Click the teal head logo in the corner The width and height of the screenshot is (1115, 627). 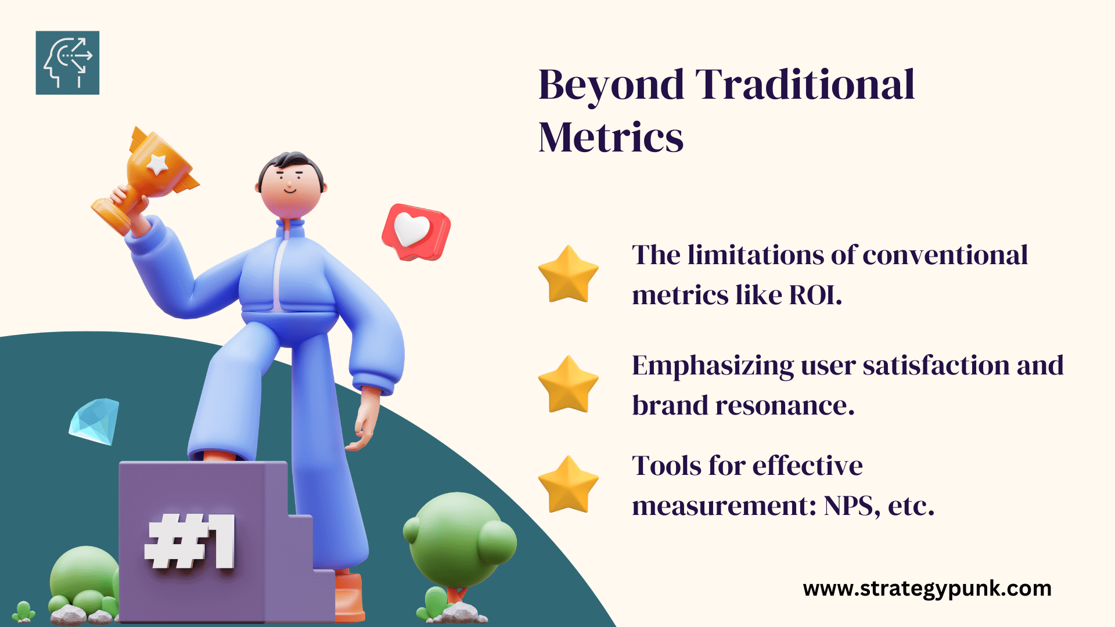tap(67, 63)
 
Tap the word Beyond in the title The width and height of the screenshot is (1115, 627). tap(612, 86)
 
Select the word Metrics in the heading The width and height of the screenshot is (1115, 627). tap(611, 138)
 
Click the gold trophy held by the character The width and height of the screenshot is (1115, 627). tap(145, 179)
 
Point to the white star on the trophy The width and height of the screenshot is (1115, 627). tap(157, 164)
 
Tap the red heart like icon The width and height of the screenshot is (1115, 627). tap(416, 232)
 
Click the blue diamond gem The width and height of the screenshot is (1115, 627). tap(94, 421)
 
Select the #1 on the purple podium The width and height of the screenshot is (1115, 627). tap(190, 541)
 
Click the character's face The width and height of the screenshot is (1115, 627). tap(290, 187)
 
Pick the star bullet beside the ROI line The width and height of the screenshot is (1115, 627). tap(568, 275)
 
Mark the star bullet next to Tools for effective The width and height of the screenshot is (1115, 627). tap(568, 485)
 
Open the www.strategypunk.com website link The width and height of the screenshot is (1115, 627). tap(927, 589)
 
